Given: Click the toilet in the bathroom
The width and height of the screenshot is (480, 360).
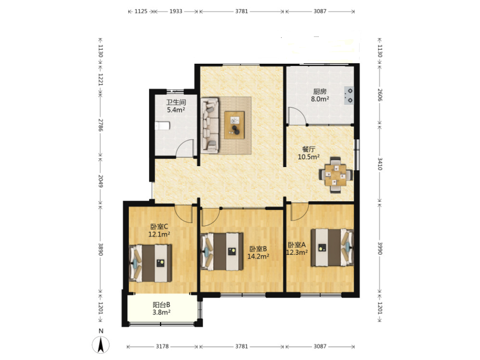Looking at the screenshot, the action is [x=162, y=126].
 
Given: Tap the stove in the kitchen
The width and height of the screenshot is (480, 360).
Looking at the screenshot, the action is [x=348, y=96].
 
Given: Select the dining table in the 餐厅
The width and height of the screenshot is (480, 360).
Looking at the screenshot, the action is [x=336, y=175].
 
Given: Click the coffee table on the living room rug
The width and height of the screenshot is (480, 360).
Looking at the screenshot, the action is [x=234, y=125].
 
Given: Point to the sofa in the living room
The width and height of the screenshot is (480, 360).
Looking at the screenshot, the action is [x=210, y=125].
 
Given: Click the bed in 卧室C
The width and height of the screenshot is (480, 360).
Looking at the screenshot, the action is [x=150, y=263].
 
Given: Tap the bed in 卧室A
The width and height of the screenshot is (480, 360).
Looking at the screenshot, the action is [x=332, y=248].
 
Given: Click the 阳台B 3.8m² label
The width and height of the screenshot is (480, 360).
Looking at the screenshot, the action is [x=162, y=309].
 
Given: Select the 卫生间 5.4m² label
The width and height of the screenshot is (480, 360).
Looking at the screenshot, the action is [x=176, y=106].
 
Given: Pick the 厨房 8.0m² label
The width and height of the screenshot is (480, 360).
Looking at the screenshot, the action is [x=320, y=95].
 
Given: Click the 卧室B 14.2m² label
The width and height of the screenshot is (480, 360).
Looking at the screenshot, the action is [x=258, y=252].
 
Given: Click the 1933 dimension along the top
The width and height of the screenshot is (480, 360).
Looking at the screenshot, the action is [x=176, y=12].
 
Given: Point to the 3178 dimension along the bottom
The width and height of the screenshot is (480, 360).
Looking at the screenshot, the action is [x=162, y=346].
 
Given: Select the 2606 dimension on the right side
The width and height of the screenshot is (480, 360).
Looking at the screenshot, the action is [x=379, y=95].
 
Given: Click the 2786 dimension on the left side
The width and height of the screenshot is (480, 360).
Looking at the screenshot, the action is [x=101, y=125].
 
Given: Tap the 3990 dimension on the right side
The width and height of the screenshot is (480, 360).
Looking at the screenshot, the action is [x=379, y=248].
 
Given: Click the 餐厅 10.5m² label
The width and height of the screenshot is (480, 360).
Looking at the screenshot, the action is [x=309, y=153].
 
